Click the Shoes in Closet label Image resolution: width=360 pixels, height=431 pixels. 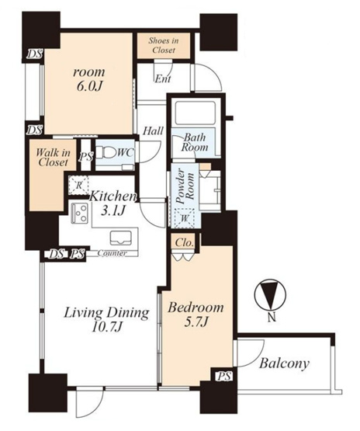pos(164,45)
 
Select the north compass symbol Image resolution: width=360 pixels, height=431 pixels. pos(271,296)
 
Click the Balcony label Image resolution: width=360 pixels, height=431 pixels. pos(284,363)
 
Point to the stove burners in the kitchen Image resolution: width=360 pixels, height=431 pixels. pos(80,213)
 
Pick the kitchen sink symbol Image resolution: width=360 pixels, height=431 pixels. pos(120,238)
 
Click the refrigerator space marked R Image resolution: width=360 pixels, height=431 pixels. pos(78,186)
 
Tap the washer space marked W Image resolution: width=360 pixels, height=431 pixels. pos(185,218)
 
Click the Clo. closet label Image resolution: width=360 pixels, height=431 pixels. pos(184,243)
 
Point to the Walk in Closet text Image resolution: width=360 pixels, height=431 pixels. pos(53,157)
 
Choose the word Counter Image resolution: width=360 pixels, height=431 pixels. pos(112,253)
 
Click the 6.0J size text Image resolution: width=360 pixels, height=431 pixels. pos(89,86)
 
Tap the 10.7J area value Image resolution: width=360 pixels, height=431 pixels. pos(106,327)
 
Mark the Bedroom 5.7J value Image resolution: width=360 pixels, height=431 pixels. pos(196,322)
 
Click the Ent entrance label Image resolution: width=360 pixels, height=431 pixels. pos(163,79)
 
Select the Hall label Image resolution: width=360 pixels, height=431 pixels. pos(153,130)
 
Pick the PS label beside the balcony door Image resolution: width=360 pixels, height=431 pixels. pos(224,376)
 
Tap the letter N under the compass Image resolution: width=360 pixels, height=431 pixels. pos(272,318)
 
